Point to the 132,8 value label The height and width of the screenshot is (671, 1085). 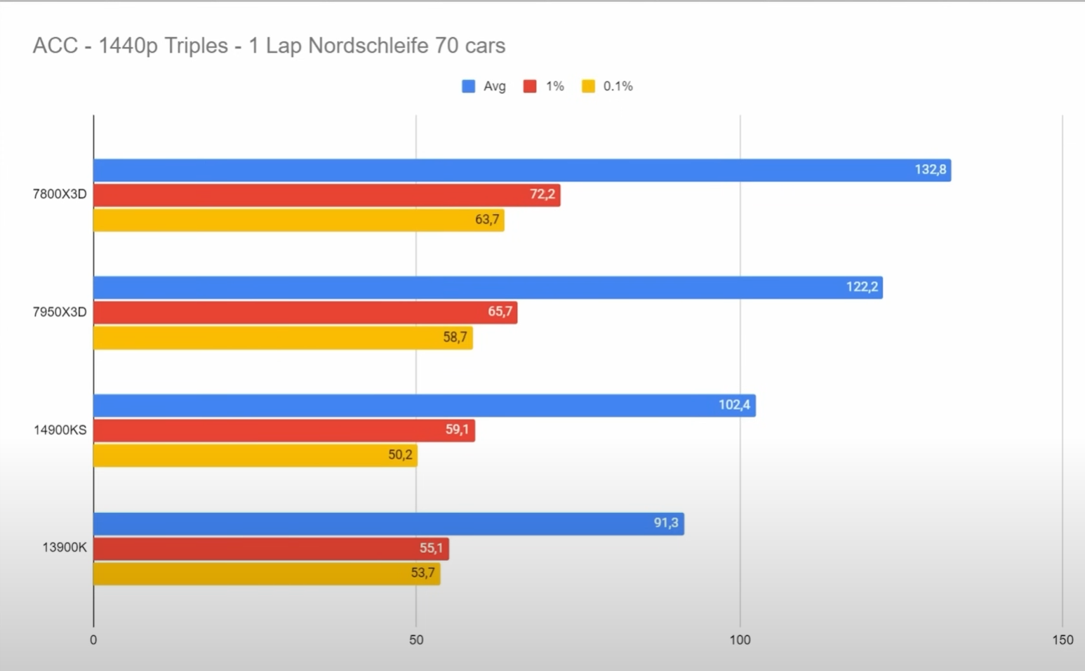click(x=930, y=170)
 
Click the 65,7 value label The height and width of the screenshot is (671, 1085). click(x=500, y=312)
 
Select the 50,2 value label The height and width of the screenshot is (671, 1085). click(x=400, y=455)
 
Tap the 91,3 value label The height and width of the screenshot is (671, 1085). click(x=665, y=523)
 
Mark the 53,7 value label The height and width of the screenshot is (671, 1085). click(x=422, y=573)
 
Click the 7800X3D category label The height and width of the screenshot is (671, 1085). click(x=60, y=194)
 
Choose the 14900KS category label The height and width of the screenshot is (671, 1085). click(x=60, y=430)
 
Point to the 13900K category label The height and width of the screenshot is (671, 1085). click(x=65, y=547)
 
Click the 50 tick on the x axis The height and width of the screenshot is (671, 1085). click(x=416, y=640)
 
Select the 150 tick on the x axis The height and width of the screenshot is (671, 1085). click(x=1063, y=640)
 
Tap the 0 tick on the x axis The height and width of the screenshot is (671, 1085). click(x=93, y=640)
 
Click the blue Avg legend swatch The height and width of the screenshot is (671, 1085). click(x=468, y=86)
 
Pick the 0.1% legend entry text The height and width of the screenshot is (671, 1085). click(x=618, y=86)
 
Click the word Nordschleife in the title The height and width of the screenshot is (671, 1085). click(x=368, y=46)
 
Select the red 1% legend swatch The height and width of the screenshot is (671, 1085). click(x=530, y=86)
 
